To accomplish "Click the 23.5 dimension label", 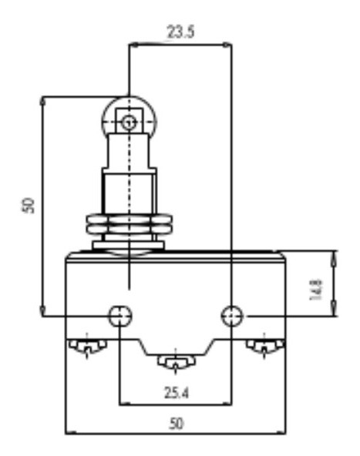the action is pos(180,32).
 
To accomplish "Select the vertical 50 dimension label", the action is pos(29,206).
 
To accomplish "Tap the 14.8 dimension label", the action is pos(316,290).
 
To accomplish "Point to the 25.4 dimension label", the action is pos(177,393).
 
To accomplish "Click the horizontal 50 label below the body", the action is pos(177,424).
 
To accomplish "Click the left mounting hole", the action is pos(120,316).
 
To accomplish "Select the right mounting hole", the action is pos(232,316).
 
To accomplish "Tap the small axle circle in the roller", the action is pos(128,123).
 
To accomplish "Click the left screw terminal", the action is pos(87,346).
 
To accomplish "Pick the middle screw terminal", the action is pos(176,361).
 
